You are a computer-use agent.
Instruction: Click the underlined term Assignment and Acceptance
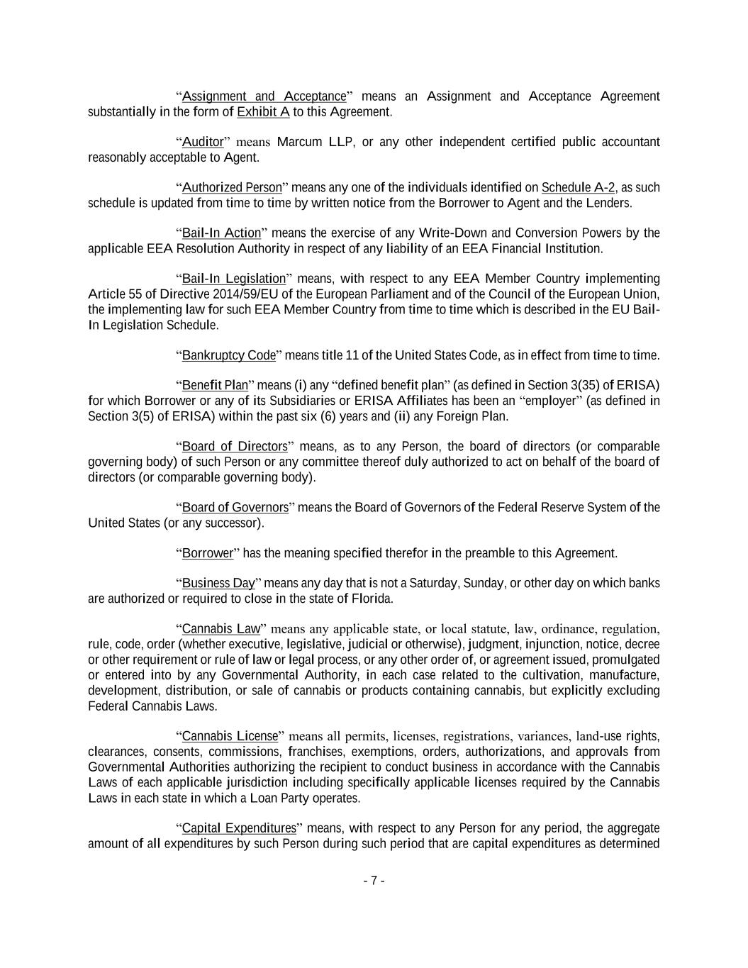pos(264,96)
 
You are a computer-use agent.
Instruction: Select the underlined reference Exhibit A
pos(263,112)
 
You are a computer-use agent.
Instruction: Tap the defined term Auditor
pos(203,142)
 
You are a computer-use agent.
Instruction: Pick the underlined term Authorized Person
pos(232,188)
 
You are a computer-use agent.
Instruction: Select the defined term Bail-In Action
pos(221,233)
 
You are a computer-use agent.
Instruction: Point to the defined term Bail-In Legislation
pos(233,279)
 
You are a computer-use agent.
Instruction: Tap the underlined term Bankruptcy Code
pos(228,355)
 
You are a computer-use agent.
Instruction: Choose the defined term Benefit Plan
pos(215,386)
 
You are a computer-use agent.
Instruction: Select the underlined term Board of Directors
pos(235,447)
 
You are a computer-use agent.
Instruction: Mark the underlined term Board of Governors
pos(235,508)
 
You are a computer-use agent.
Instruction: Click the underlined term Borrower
pos(207,553)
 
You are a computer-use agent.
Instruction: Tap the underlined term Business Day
pos(218,584)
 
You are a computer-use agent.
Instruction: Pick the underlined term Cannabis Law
pos(221,629)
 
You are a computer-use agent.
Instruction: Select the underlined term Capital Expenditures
pos(239,828)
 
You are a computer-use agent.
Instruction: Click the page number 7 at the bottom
pos(374,881)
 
